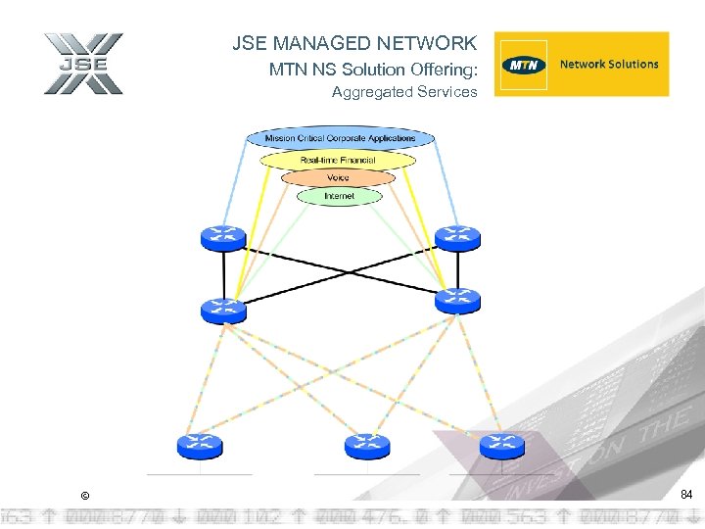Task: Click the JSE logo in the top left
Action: [x=83, y=64]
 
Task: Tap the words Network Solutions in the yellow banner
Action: [x=608, y=65]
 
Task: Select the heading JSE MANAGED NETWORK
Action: [x=354, y=43]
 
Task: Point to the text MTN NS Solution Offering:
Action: [x=372, y=70]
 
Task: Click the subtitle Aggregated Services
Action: [x=403, y=92]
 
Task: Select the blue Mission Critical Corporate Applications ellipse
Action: [x=340, y=138]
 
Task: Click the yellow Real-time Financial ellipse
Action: [x=338, y=160]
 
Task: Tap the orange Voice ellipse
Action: [x=338, y=178]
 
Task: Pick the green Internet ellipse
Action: [x=339, y=196]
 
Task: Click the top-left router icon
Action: [x=223, y=237]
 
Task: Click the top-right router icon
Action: [x=457, y=237]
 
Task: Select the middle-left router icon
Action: [x=223, y=310]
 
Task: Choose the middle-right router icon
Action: [x=457, y=301]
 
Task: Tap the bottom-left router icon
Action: [x=200, y=446]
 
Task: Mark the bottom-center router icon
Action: [x=367, y=446]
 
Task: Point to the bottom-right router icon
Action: [x=502, y=446]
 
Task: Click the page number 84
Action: [x=686, y=496]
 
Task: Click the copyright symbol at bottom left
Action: [x=85, y=497]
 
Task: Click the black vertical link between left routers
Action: [x=223, y=274]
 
